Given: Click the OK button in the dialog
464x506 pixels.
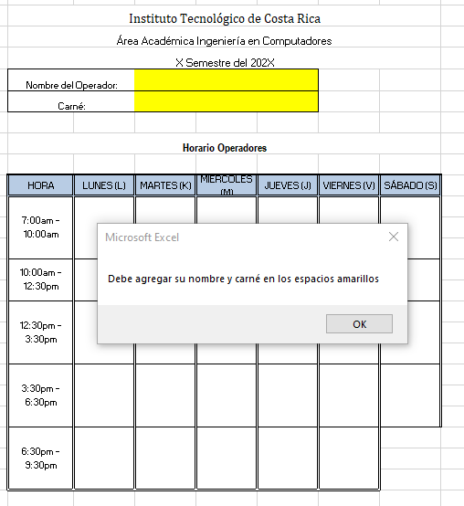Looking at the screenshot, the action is (x=359, y=323).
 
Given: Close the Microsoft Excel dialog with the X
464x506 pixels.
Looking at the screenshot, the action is (x=394, y=237).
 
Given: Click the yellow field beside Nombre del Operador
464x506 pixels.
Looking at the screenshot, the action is (x=227, y=80).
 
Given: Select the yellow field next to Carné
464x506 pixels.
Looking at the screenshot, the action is (x=227, y=101).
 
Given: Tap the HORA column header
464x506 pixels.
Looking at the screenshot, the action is (x=41, y=185).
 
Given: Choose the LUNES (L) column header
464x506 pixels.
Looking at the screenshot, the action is (x=104, y=185).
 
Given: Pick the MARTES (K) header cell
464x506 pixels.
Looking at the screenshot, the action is (x=165, y=185).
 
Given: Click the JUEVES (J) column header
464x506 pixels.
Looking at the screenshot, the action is (x=288, y=185).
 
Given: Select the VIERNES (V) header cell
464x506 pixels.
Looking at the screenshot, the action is (x=349, y=185).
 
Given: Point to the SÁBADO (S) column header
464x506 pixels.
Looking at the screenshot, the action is (x=410, y=185).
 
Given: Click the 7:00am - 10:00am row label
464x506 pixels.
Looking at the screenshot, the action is (x=41, y=227).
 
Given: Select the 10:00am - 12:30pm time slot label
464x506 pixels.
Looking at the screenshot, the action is (x=41, y=279).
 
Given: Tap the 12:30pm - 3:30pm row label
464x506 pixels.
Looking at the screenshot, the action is (x=41, y=332).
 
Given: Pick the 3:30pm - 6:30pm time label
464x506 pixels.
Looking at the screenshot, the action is (x=41, y=395).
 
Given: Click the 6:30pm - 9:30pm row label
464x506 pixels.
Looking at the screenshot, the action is (x=41, y=458).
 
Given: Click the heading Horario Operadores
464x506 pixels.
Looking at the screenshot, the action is (x=225, y=148).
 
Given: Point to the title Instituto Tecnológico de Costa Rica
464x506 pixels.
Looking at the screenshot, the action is (x=225, y=18).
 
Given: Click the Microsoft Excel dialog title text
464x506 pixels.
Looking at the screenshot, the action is (x=142, y=237).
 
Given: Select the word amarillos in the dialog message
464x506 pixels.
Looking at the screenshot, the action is (x=358, y=279).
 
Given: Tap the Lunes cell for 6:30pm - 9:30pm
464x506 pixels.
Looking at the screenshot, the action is (x=104, y=458).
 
